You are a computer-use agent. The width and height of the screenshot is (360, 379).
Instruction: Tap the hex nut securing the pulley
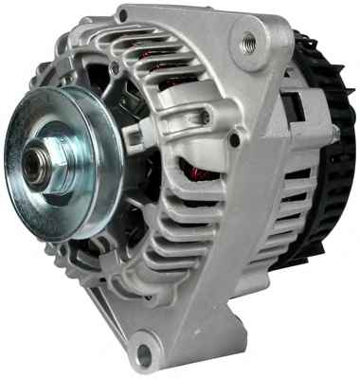coord(44,164)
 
